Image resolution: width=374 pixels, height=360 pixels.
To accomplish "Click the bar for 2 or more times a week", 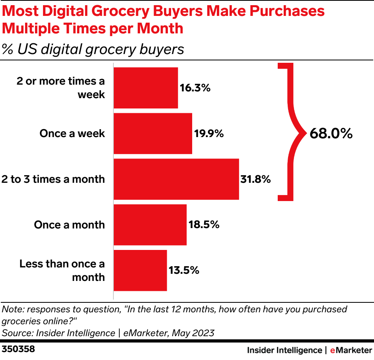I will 146,88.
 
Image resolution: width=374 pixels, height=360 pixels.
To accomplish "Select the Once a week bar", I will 153,134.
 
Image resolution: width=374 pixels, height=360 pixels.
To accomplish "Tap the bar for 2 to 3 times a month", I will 176,179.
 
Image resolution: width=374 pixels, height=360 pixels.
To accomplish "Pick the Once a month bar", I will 150,225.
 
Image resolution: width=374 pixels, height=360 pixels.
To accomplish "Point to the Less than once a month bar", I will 140,271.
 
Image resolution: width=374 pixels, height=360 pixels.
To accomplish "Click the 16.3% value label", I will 195,88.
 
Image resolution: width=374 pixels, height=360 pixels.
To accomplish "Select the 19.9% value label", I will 209,134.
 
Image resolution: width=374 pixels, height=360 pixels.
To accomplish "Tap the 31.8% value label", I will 255,179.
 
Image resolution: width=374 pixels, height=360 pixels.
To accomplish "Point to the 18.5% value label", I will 203,225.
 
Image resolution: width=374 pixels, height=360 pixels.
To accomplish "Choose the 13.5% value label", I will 183,271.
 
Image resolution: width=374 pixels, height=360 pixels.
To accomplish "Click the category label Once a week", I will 72,134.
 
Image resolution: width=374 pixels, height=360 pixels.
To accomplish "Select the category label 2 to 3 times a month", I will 53,179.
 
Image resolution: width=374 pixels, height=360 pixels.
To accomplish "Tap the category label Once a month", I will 69,225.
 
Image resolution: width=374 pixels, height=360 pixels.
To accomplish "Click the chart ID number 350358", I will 18,350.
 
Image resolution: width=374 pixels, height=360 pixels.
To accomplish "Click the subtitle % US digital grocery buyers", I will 93,49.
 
